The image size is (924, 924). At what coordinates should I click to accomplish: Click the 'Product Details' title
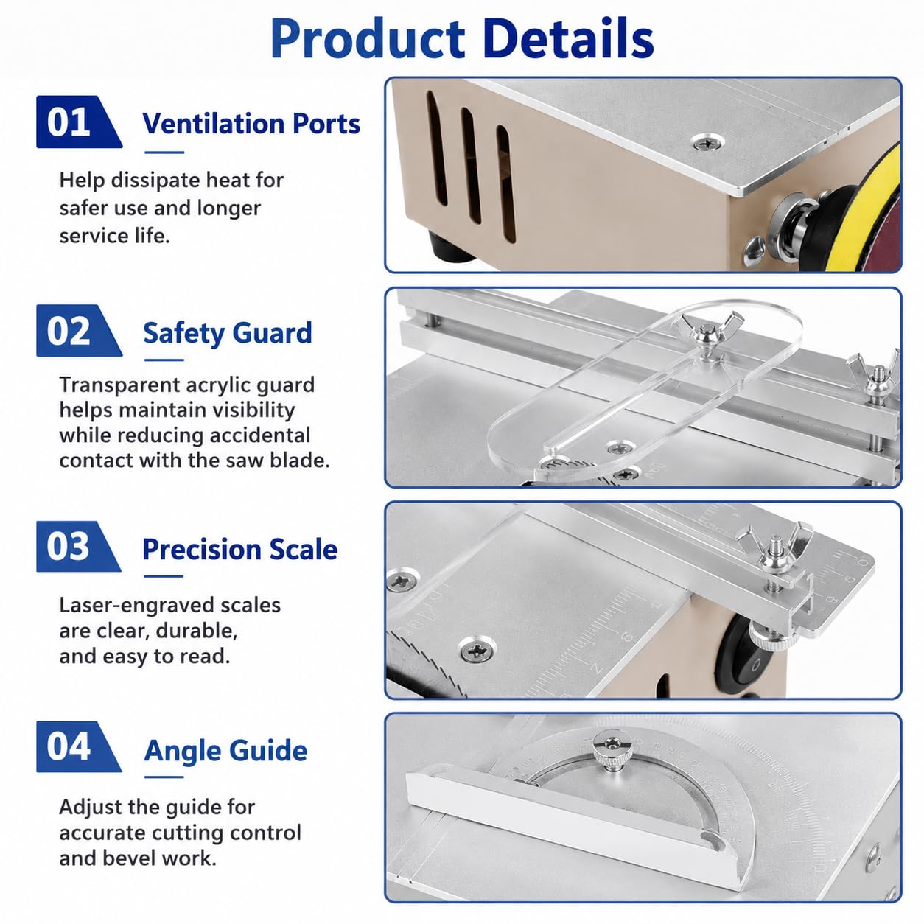(462, 39)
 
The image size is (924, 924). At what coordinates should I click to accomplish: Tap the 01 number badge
(79, 122)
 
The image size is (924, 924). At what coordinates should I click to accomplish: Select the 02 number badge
(79, 330)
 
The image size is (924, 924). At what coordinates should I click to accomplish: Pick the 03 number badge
(79, 546)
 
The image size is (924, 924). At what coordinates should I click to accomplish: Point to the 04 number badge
(79, 746)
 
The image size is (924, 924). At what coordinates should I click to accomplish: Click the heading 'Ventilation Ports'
(251, 124)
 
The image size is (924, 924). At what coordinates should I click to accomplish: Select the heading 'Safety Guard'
(228, 333)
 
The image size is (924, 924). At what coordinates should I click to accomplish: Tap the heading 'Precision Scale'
(240, 549)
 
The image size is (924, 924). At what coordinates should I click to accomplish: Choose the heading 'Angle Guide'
(225, 750)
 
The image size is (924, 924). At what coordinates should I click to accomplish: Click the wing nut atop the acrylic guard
(708, 330)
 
